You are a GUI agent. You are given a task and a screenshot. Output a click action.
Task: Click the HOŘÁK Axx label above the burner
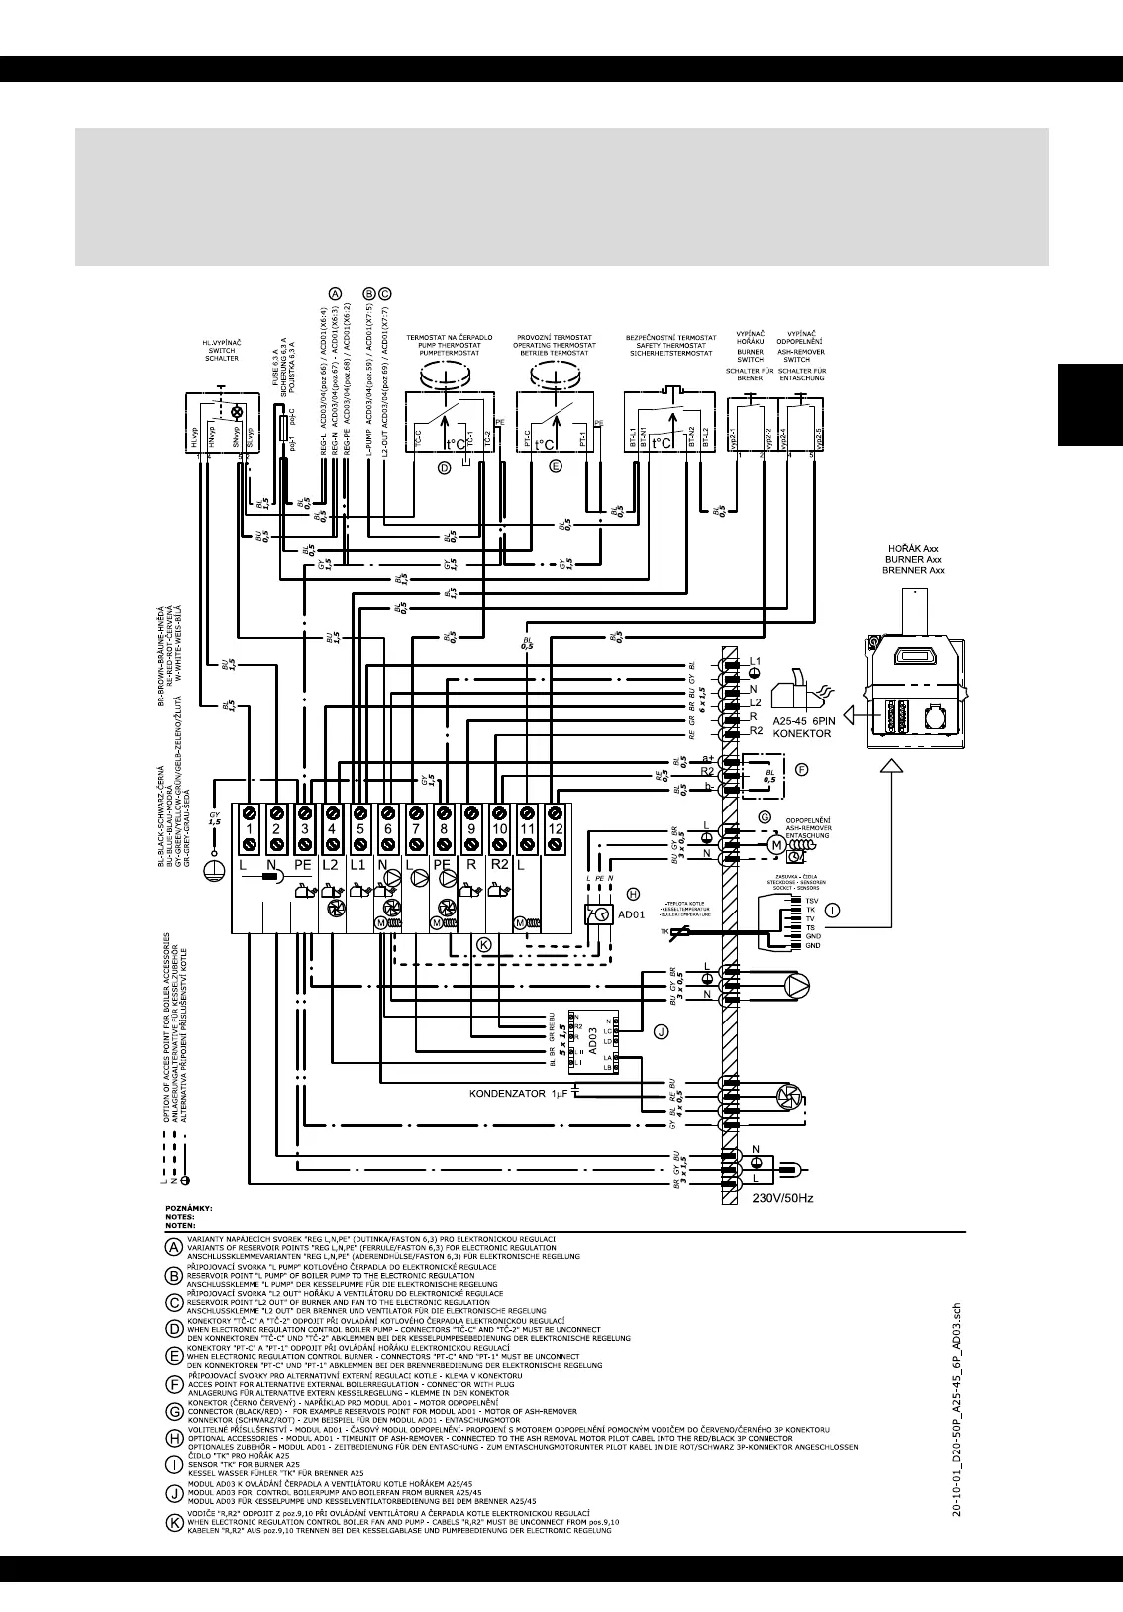coord(915,548)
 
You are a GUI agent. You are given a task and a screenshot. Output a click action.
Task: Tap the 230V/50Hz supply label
coord(781,1198)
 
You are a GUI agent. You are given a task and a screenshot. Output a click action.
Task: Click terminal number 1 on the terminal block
coord(250,827)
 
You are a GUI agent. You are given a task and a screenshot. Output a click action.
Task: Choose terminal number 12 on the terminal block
coord(556,827)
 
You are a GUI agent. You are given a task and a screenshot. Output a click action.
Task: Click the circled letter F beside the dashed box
coord(803,769)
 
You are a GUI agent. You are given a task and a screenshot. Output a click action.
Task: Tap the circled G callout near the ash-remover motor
coord(764,816)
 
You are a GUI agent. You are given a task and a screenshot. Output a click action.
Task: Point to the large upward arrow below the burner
coord(893,765)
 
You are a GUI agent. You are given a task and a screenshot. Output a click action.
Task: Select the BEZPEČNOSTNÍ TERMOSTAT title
coord(671,338)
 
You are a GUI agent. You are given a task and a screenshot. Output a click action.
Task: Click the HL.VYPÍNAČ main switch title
coord(222,343)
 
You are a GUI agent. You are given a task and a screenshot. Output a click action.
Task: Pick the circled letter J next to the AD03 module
coord(661,1031)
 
